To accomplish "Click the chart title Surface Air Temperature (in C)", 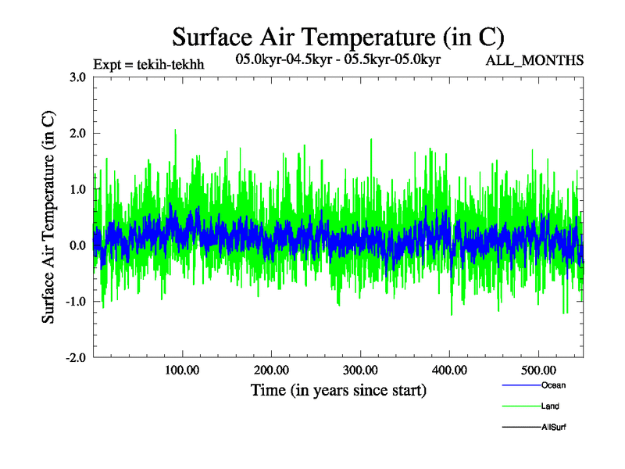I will click(337, 37).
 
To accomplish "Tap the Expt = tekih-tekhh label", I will click(148, 64).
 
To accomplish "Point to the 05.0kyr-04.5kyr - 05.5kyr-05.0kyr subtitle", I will click(337, 59).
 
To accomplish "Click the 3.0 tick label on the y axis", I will click(77, 77).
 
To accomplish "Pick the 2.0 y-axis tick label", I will click(77, 133).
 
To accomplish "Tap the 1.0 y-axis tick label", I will click(77, 189).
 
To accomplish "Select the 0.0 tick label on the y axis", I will click(77, 245).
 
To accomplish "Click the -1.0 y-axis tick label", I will click(76, 302).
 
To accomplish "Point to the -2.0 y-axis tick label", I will click(76, 357).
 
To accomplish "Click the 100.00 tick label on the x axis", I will click(182, 369).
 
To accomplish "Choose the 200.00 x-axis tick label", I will click(271, 369).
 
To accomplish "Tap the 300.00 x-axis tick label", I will click(360, 369).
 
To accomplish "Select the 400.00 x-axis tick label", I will click(449, 369).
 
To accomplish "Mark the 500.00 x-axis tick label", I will click(538, 369).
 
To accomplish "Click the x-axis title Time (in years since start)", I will click(338, 390).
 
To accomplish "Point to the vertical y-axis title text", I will click(48, 217).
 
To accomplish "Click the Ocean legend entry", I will click(553, 385).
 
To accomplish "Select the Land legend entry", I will click(550, 406).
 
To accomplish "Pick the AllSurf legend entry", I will click(553, 428).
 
